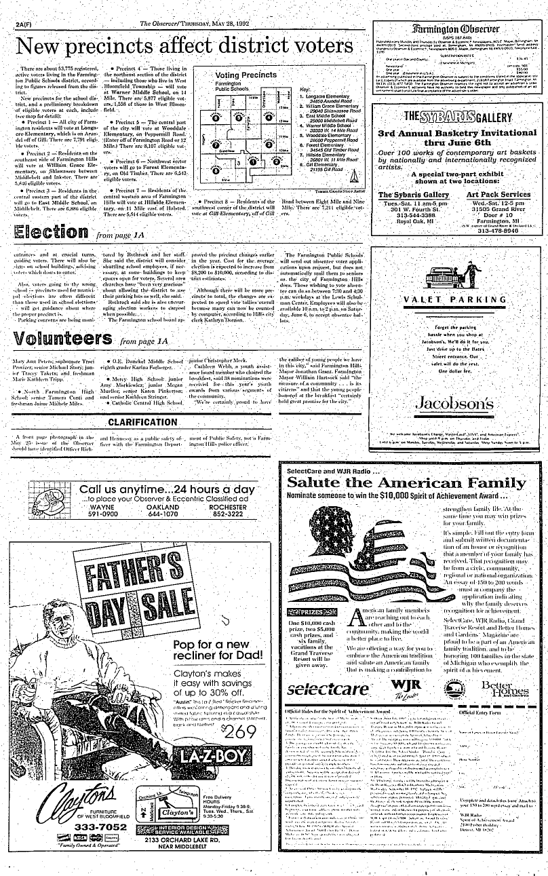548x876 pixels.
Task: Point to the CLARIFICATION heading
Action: tap(142, 422)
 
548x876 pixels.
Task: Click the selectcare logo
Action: tap(327, 686)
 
